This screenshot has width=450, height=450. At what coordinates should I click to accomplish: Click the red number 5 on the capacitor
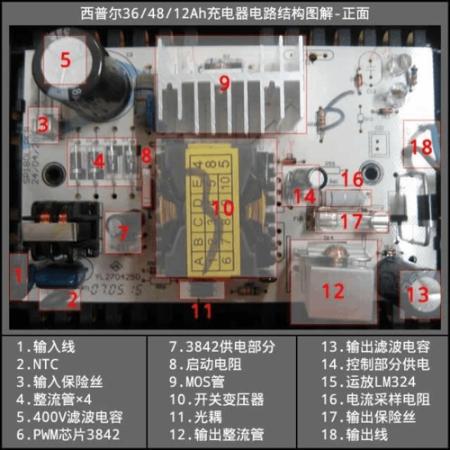[x=64, y=60]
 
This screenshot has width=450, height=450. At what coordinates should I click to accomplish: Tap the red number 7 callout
[x=124, y=231]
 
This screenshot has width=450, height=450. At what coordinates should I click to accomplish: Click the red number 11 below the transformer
[x=203, y=311]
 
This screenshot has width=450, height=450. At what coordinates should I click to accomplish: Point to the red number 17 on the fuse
[x=354, y=220]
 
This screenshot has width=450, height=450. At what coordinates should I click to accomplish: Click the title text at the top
[x=225, y=13]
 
